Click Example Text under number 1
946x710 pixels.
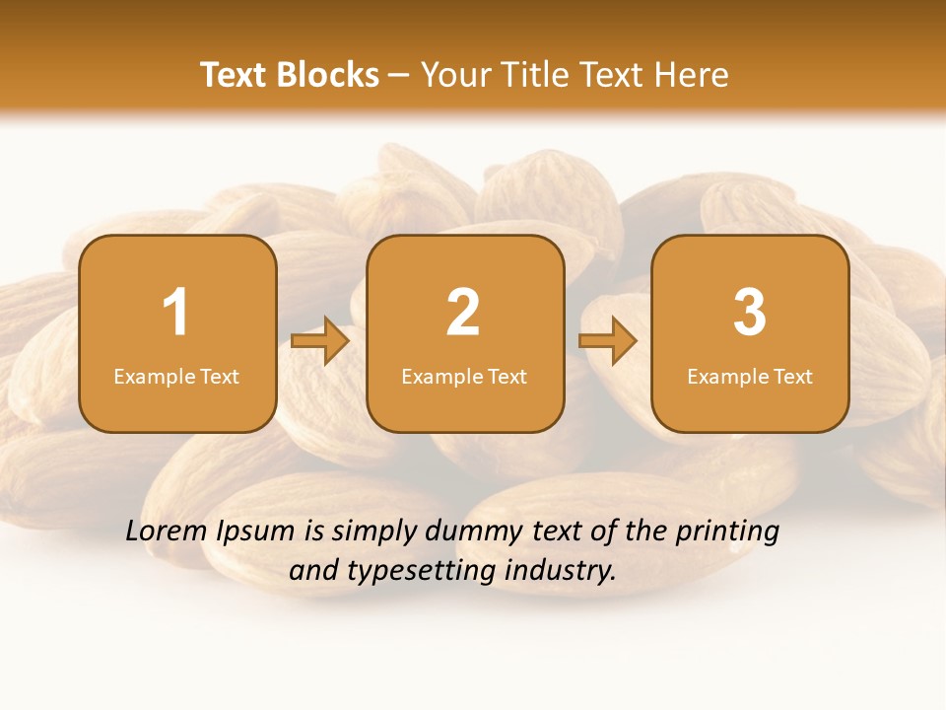coord(176,377)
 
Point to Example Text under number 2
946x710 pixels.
coord(464,377)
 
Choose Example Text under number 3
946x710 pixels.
coord(750,377)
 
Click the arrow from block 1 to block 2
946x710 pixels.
coord(320,341)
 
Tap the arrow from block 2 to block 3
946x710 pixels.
coord(607,341)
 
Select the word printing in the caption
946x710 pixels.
coord(726,532)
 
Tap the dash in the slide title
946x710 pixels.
coord(400,76)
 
